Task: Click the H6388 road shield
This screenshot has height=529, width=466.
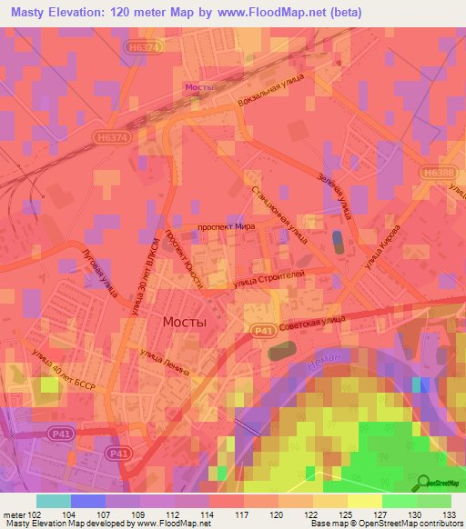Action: (438, 172)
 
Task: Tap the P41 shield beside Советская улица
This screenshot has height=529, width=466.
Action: (262, 334)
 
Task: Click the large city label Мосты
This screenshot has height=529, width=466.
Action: (184, 322)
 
